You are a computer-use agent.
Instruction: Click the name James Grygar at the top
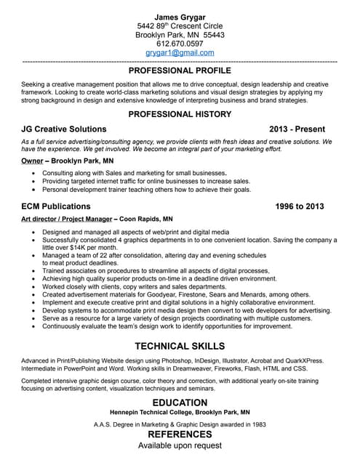pos(180,16)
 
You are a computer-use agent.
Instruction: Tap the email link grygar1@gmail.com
pos(180,53)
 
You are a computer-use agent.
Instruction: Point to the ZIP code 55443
pos(214,34)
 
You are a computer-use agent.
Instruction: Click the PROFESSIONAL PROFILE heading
pos(180,71)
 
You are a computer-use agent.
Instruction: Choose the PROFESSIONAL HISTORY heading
pos(180,114)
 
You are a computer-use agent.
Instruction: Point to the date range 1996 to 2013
pos(300,206)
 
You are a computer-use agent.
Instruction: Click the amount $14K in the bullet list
pos(73,248)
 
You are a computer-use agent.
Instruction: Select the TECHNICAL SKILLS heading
pos(180,346)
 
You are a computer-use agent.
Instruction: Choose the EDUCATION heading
pos(180,403)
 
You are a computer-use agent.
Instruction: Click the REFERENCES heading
pos(180,434)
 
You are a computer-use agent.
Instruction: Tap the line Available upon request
pos(180,445)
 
